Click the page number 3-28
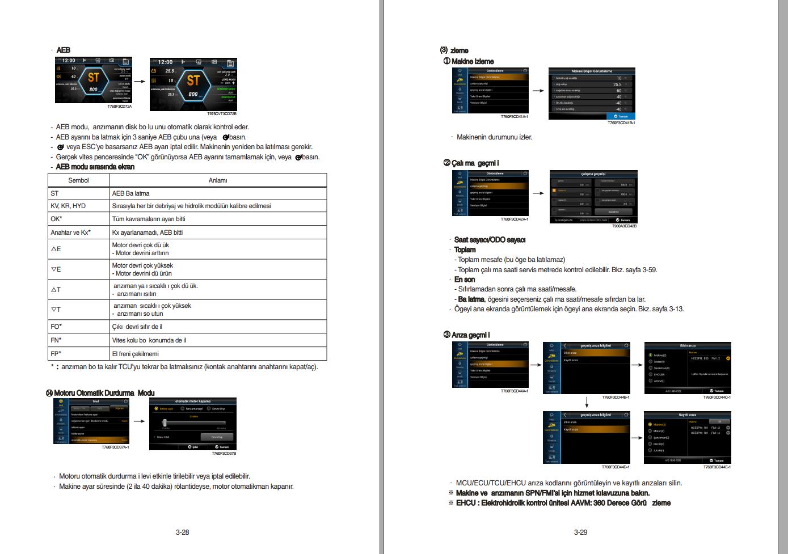[x=182, y=532]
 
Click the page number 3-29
[x=580, y=532]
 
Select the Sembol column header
[x=78, y=180]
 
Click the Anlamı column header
[x=218, y=180]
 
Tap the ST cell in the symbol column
[x=55, y=193]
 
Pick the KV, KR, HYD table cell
[x=68, y=206]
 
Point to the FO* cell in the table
[x=56, y=327]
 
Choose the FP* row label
[x=56, y=354]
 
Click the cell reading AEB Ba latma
[x=131, y=193]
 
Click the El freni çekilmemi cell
[x=136, y=354]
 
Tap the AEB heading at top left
[x=63, y=50]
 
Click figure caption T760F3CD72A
[x=119, y=107]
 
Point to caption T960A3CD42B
[x=624, y=226]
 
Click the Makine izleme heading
[x=472, y=61]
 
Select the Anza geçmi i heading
[x=470, y=335]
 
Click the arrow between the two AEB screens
[x=139, y=81]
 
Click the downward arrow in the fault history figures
[x=587, y=402]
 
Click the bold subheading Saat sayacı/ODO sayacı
[x=490, y=240]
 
